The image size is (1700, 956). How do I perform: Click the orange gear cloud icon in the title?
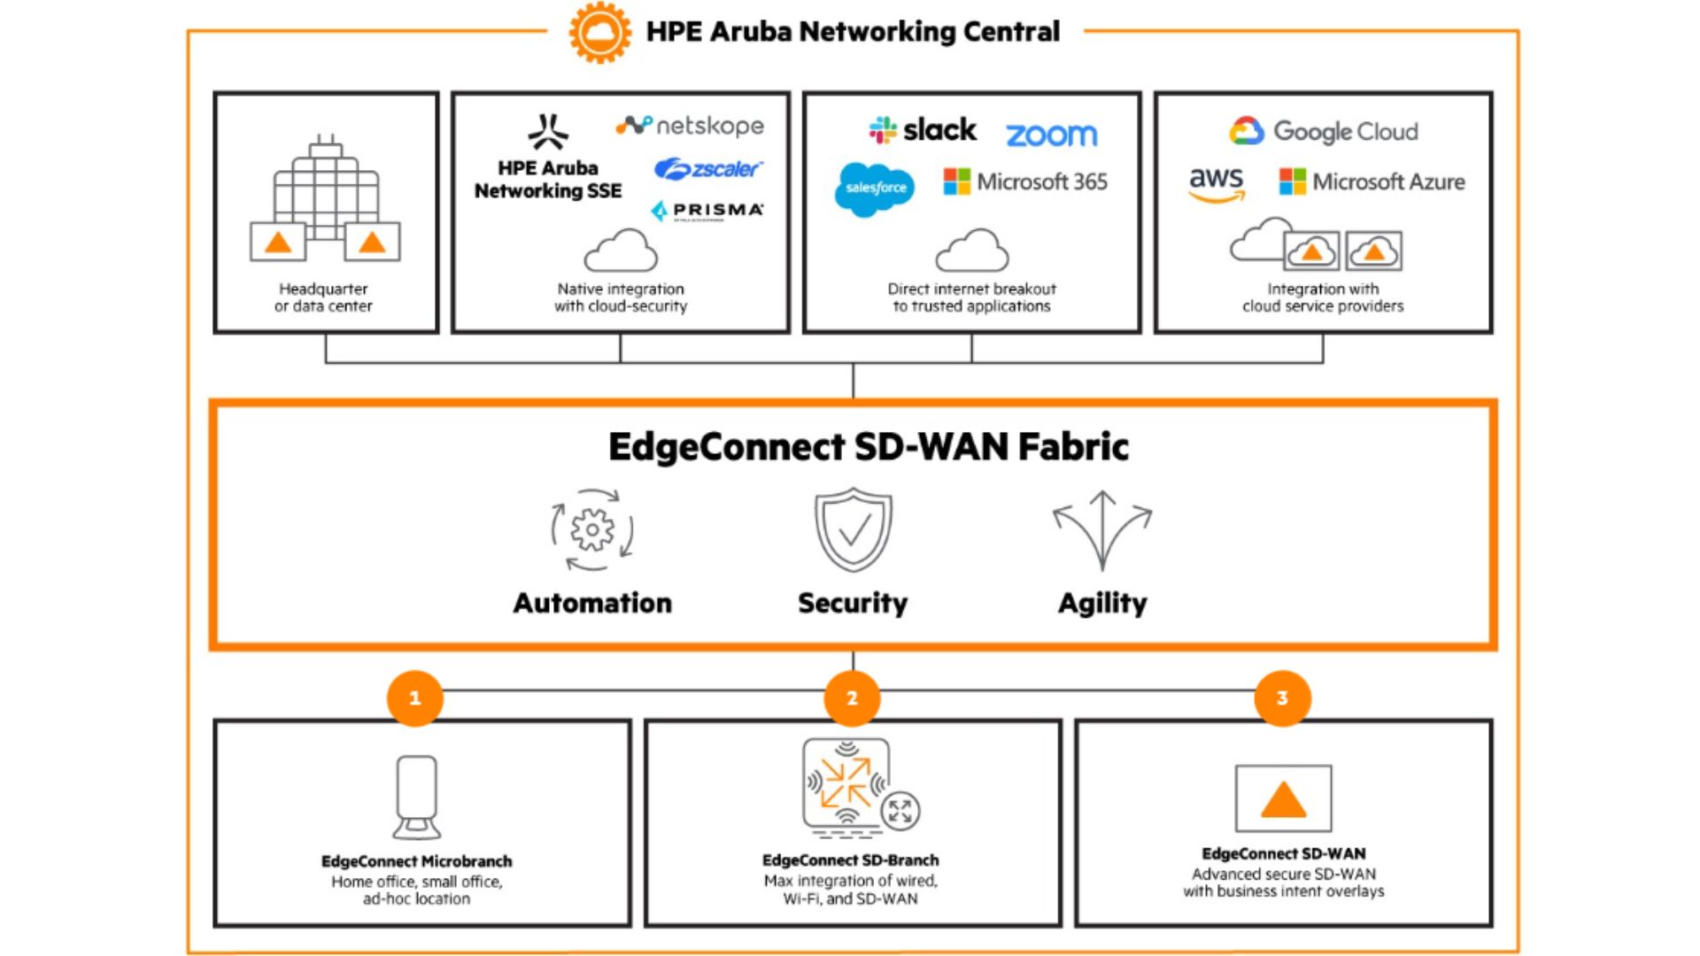click(x=599, y=32)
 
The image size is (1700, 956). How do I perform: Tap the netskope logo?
click(x=690, y=126)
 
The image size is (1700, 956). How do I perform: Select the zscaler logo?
click(x=707, y=168)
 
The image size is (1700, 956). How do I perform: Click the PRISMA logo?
click(x=707, y=211)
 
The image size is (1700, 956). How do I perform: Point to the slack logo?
click(x=923, y=130)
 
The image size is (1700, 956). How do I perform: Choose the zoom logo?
click(x=1051, y=135)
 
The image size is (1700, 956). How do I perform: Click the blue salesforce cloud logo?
click(x=875, y=189)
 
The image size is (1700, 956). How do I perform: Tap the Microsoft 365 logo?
click(x=1025, y=181)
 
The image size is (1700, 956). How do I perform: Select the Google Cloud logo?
click(x=1323, y=131)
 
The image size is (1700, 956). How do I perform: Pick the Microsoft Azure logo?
click(x=1372, y=181)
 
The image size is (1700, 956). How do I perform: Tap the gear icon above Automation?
click(x=592, y=529)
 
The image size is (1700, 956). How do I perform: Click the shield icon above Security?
click(x=854, y=529)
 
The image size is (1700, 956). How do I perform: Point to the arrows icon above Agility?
click(x=1102, y=529)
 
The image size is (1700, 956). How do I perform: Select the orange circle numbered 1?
click(x=414, y=698)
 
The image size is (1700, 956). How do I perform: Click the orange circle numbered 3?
click(x=1282, y=698)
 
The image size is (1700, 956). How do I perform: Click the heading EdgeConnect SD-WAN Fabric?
click(x=868, y=447)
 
